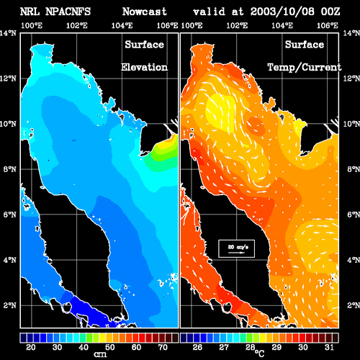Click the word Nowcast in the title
(x=144, y=12)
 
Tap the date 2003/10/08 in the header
(x=282, y=12)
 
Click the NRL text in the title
(x=30, y=12)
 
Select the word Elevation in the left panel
(x=144, y=67)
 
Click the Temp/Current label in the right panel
(x=305, y=68)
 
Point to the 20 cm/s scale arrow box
(x=236, y=248)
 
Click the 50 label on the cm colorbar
(x=110, y=347)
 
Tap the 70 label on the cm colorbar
(x=163, y=347)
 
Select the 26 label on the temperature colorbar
(x=197, y=347)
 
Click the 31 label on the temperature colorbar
(x=329, y=347)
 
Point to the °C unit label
(x=259, y=353)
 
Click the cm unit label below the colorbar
(x=100, y=354)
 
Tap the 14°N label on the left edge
(x=8, y=33)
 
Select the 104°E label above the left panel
(x=122, y=25)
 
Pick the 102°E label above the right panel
(x=237, y=25)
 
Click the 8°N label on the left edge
(x=10, y=169)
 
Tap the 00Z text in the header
(x=330, y=12)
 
